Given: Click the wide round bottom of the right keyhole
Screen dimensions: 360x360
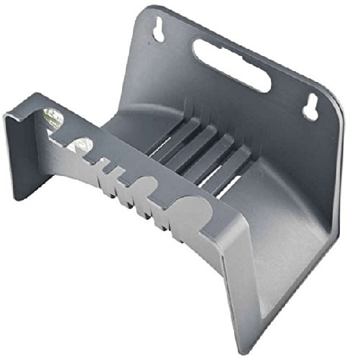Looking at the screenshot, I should (310, 112).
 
